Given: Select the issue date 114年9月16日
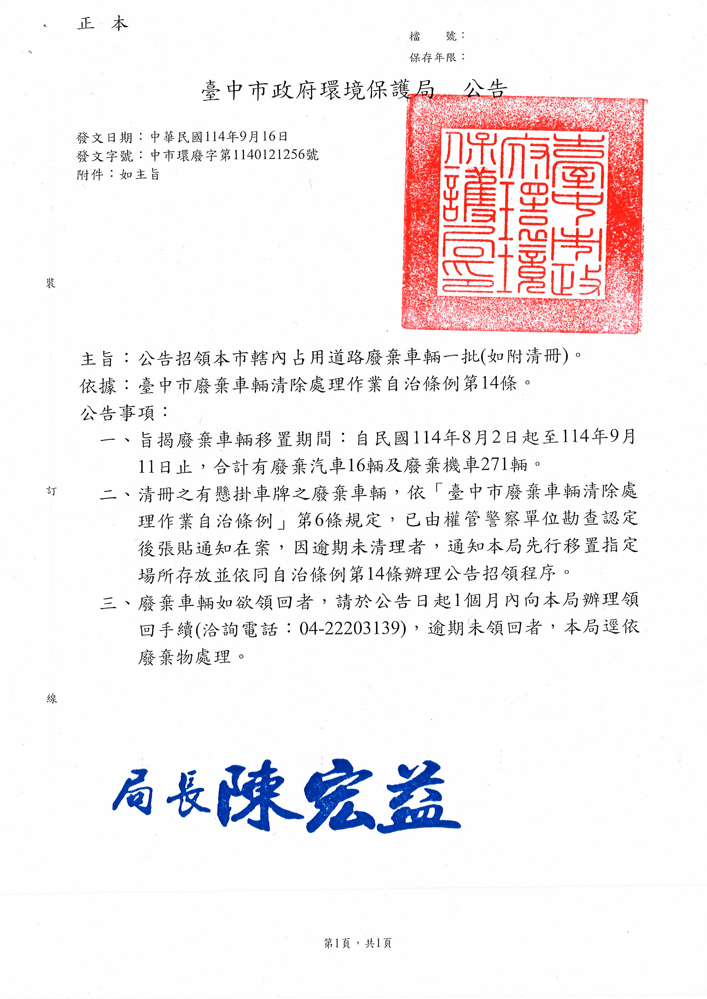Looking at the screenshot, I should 246,137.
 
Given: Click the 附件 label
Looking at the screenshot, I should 90,175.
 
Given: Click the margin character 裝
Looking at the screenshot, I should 51,284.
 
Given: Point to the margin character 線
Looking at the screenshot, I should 52,699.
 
